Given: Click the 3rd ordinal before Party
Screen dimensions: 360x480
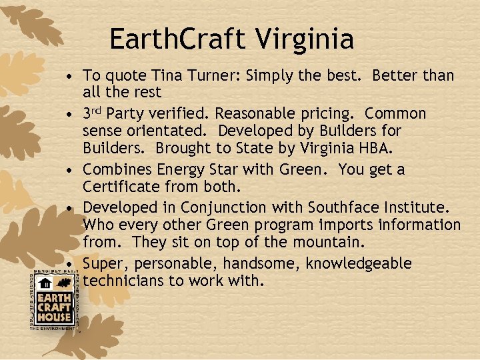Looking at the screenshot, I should click(92, 113).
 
